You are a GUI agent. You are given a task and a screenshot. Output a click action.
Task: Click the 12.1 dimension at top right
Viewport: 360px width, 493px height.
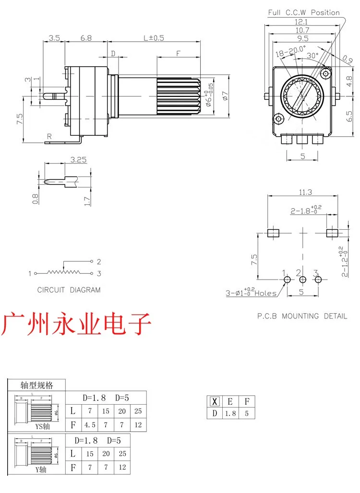click(301, 22)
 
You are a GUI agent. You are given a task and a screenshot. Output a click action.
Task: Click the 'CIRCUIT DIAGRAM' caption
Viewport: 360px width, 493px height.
click(69, 290)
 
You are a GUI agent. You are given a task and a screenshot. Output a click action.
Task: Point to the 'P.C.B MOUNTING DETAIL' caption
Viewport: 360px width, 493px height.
click(301, 316)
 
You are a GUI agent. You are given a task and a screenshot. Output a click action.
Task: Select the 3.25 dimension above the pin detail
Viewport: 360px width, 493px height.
click(78, 161)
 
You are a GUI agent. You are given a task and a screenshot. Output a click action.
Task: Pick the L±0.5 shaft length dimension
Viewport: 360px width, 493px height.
click(154, 38)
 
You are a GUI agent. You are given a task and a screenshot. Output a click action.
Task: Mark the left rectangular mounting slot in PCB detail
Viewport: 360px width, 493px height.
click(273, 233)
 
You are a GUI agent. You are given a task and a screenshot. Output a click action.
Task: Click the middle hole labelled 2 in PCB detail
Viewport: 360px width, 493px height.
click(302, 280)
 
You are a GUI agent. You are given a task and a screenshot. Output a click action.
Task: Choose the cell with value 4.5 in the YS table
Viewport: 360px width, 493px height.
click(90, 424)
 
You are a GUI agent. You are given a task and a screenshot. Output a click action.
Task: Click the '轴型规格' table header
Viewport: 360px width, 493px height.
click(36, 385)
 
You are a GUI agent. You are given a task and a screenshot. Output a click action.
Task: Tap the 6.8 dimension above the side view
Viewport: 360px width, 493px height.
click(86, 38)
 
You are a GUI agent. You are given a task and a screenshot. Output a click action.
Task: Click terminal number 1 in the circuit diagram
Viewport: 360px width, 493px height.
click(30, 273)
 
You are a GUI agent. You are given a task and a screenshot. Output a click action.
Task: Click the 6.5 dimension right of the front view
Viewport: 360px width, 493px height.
click(350, 116)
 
